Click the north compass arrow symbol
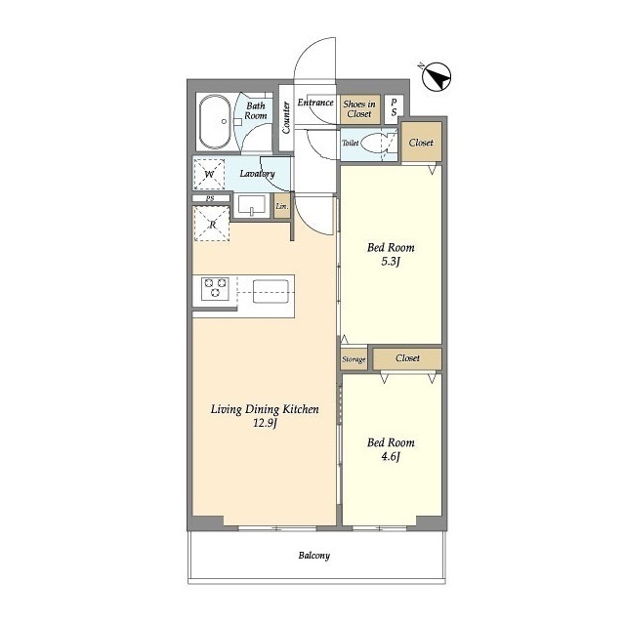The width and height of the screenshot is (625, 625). point(437,76)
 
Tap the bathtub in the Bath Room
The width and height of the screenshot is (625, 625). point(215,122)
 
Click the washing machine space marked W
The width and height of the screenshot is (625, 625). point(209,174)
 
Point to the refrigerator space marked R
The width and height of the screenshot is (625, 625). point(212,224)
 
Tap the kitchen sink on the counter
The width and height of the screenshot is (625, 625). point(271,292)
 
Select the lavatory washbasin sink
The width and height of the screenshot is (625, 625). point(252,206)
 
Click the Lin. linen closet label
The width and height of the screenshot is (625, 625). point(282,206)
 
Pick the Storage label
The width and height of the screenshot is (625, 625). point(354,359)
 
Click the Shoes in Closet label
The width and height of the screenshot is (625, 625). point(359,108)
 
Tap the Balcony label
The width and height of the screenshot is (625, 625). point(314,556)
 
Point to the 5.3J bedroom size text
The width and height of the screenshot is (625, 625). point(391,262)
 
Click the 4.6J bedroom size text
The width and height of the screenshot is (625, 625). point(391,456)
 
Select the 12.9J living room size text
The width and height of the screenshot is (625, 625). point(265,423)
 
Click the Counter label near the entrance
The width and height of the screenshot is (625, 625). point(286,117)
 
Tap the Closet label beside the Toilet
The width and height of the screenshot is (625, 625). point(421,143)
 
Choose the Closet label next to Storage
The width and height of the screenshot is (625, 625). point(407,358)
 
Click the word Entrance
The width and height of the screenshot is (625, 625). point(315,103)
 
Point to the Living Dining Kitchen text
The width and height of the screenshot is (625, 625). point(265,409)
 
